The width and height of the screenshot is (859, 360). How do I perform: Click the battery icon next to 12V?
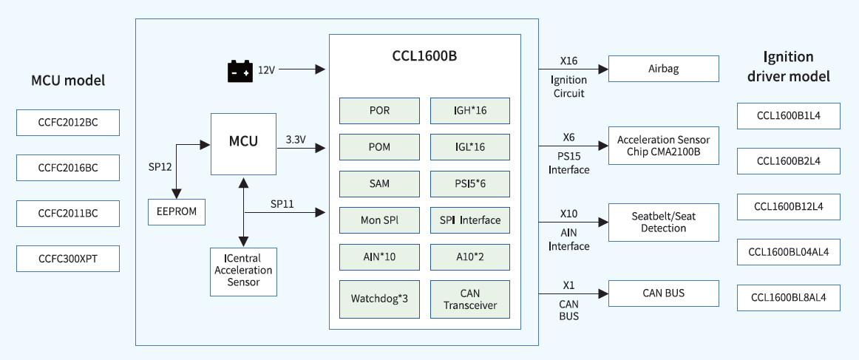click(239, 71)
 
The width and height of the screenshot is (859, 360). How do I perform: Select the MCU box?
click(243, 143)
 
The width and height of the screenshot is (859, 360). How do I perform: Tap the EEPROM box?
click(177, 211)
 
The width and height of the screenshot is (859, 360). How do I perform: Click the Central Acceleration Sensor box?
click(243, 271)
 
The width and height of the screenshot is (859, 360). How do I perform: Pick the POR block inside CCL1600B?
click(379, 111)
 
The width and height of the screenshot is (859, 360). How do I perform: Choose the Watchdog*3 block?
click(379, 299)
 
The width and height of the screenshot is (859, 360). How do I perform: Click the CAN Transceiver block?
click(470, 299)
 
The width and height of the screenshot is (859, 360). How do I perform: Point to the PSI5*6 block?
click(470, 183)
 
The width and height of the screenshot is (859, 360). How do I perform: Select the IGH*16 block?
click(470, 111)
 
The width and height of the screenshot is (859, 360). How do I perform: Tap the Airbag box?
click(663, 69)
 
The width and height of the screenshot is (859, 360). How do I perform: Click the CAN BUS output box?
click(663, 293)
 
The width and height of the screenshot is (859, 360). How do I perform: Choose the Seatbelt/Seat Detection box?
click(663, 223)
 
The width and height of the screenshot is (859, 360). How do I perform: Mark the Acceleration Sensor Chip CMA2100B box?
click(663, 146)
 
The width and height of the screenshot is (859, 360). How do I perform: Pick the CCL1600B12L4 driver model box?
click(788, 206)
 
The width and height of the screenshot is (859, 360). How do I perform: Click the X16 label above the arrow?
click(568, 61)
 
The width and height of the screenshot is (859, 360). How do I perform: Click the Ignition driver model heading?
click(788, 67)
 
